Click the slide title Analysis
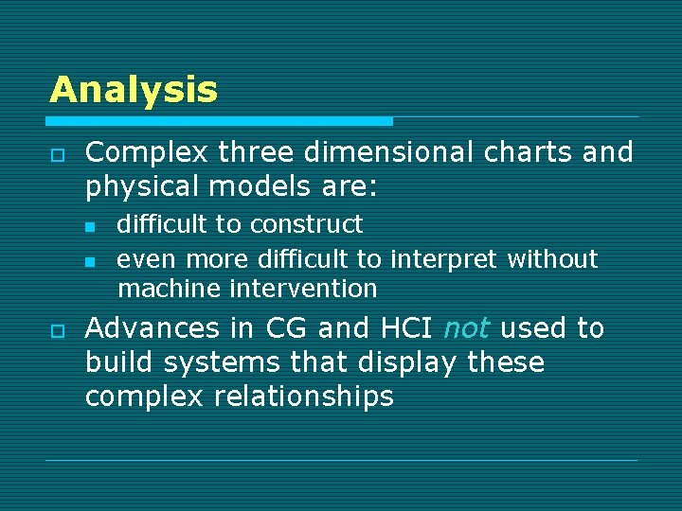coord(134,90)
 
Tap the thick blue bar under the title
coord(220,121)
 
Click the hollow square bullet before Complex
coord(57,154)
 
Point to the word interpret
coord(446,259)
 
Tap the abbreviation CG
coord(287,328)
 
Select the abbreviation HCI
coord(404,328)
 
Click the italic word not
coord(466,328)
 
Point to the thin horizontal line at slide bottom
coord(341,461)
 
